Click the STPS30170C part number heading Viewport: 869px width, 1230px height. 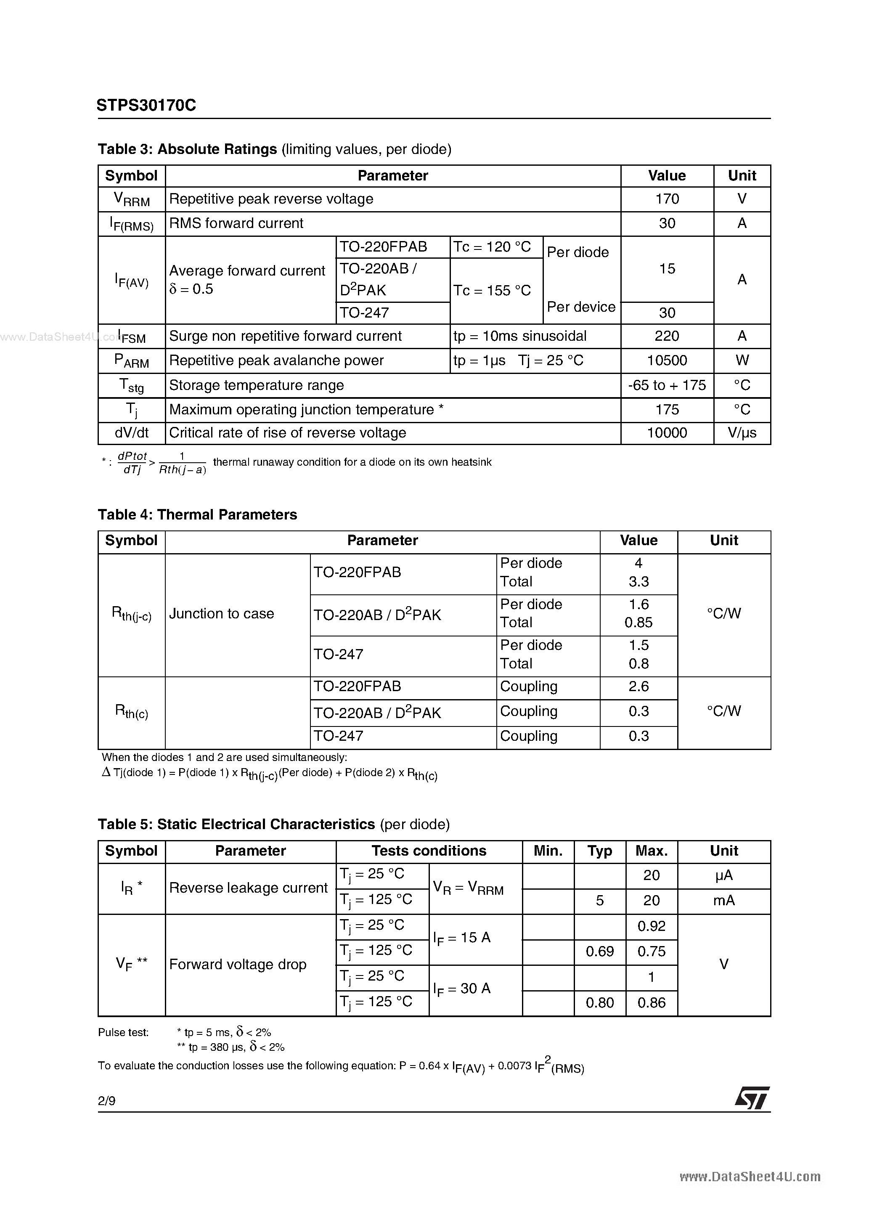point(146,105)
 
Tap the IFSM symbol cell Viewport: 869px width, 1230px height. point(132,337)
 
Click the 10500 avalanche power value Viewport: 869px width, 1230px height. point(667,361)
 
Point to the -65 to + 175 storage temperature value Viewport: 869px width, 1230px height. point(667,385)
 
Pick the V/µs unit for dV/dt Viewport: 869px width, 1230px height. point(742,433)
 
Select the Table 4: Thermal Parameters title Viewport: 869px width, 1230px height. point(197,515)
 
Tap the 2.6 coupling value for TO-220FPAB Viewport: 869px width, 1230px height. point(639,687)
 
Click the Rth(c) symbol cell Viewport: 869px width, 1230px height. point(132,712)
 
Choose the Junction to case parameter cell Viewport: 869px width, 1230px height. point(221,614)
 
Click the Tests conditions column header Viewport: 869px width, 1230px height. point(429,851)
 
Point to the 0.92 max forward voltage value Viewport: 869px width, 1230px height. point(652,926)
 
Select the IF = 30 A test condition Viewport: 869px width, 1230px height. point(462,989)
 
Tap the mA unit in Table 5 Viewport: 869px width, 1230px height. point(724,901)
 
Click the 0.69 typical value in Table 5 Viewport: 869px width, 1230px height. point(599,952)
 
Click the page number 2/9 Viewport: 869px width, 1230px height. point(106,1101)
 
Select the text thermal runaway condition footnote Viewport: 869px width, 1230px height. point(352,462)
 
